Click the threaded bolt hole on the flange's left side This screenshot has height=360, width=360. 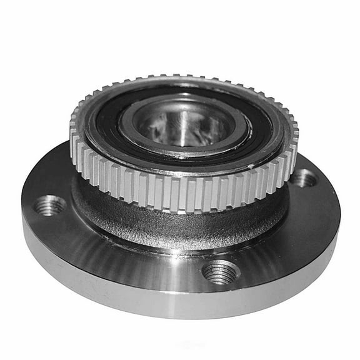pos(51,204)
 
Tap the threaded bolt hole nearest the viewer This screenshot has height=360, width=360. pos(221,272)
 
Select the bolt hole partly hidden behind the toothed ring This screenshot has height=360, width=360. pos(304,179)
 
